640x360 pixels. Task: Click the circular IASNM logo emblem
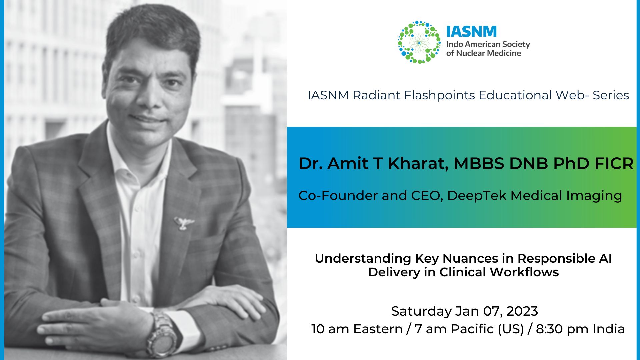[419, 42]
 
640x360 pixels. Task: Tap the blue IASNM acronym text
[471, 32]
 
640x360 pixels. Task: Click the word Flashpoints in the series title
[439, 95]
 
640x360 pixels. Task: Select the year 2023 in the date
[522, 311]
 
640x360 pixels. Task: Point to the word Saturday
[421, 311]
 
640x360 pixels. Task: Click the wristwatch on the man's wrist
[162, 335]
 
